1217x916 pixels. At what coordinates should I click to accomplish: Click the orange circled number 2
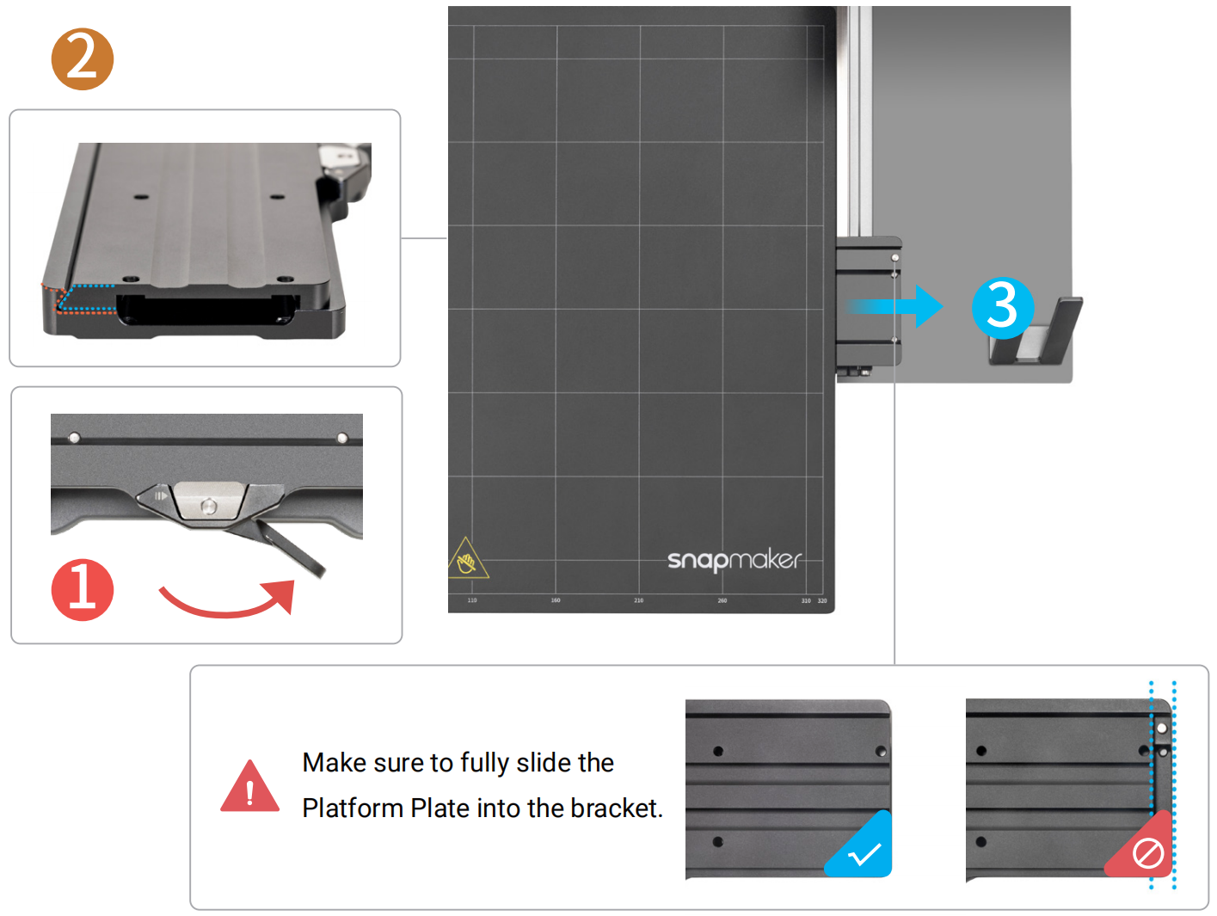(x=82, y=59)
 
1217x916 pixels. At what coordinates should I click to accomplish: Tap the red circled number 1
(x=82, y=590)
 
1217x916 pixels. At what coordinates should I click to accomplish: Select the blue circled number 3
(x=1002, y=307)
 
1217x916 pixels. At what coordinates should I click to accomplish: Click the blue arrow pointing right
(x=899, y=306)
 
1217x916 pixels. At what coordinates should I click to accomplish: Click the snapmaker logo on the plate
(x=735, y=560)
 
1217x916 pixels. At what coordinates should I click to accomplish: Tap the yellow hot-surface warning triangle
(x=467, y=560)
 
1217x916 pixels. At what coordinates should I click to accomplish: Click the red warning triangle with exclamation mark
(x=249, y=788)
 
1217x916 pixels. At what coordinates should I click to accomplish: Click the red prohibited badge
(x=1145, y=851)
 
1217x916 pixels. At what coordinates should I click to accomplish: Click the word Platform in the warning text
(x=353, y=808)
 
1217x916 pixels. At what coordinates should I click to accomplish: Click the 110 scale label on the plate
(x=472, y=600)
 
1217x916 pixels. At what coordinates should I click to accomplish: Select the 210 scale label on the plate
(x=638, y=600)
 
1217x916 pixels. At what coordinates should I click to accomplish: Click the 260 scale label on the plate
(x=722, y=600)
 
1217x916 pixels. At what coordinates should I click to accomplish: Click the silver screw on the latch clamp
(x=208, y=506)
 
